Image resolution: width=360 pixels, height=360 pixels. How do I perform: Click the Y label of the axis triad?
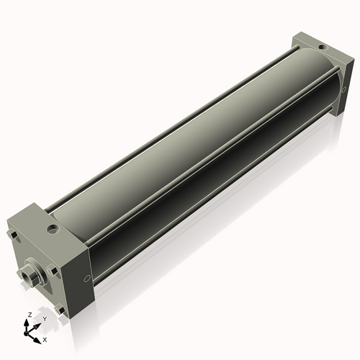pyautogui.click(x=45, y=318)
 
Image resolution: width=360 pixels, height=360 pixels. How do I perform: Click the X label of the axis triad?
pyautogui.click(x=45, y=338)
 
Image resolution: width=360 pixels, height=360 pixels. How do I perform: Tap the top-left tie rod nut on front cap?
pyautogui.click(x=13, y=236)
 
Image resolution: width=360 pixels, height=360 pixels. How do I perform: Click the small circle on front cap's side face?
pyautogui.click(x=86, y=279)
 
